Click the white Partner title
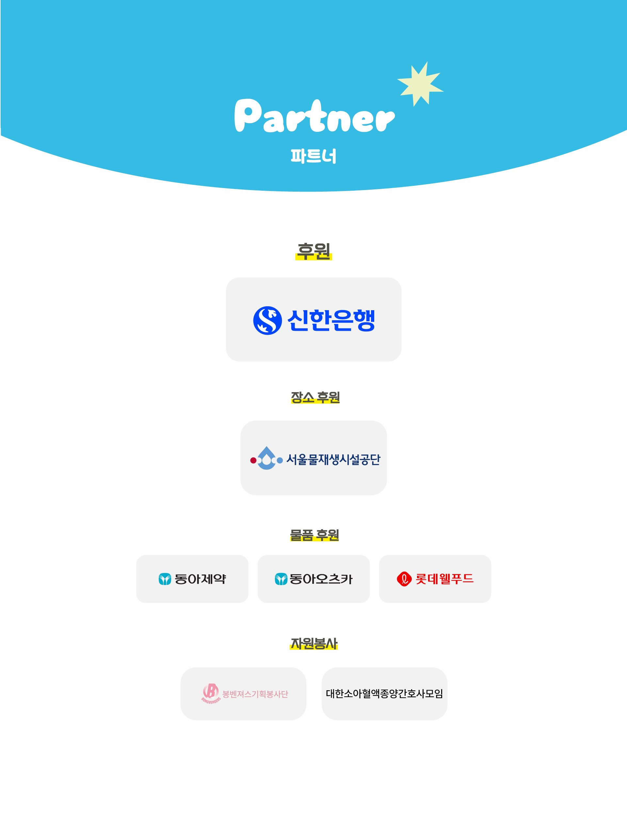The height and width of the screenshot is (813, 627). coord(314,116)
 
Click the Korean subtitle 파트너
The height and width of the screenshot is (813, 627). coord(313,156)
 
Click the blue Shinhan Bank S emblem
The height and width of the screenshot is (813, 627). coord(267,321)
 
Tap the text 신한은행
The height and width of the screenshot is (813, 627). coord(331,321)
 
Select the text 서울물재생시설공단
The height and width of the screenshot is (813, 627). coord(333,460)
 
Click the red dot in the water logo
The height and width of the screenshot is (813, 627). coord(253,460)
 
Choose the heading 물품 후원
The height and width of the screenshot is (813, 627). coord(314,535)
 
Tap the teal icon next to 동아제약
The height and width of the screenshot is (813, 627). coord(165,579)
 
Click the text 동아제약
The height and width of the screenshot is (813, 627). coord(200,579)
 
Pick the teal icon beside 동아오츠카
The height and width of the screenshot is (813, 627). coord(281,579)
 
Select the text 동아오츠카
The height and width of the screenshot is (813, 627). coord(321,579)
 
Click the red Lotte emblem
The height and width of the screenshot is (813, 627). coord(404,579)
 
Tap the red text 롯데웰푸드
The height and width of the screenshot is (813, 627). coord(444,579)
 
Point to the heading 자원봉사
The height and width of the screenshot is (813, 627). coord(314,644)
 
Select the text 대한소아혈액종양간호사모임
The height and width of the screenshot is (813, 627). coord(384,693)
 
